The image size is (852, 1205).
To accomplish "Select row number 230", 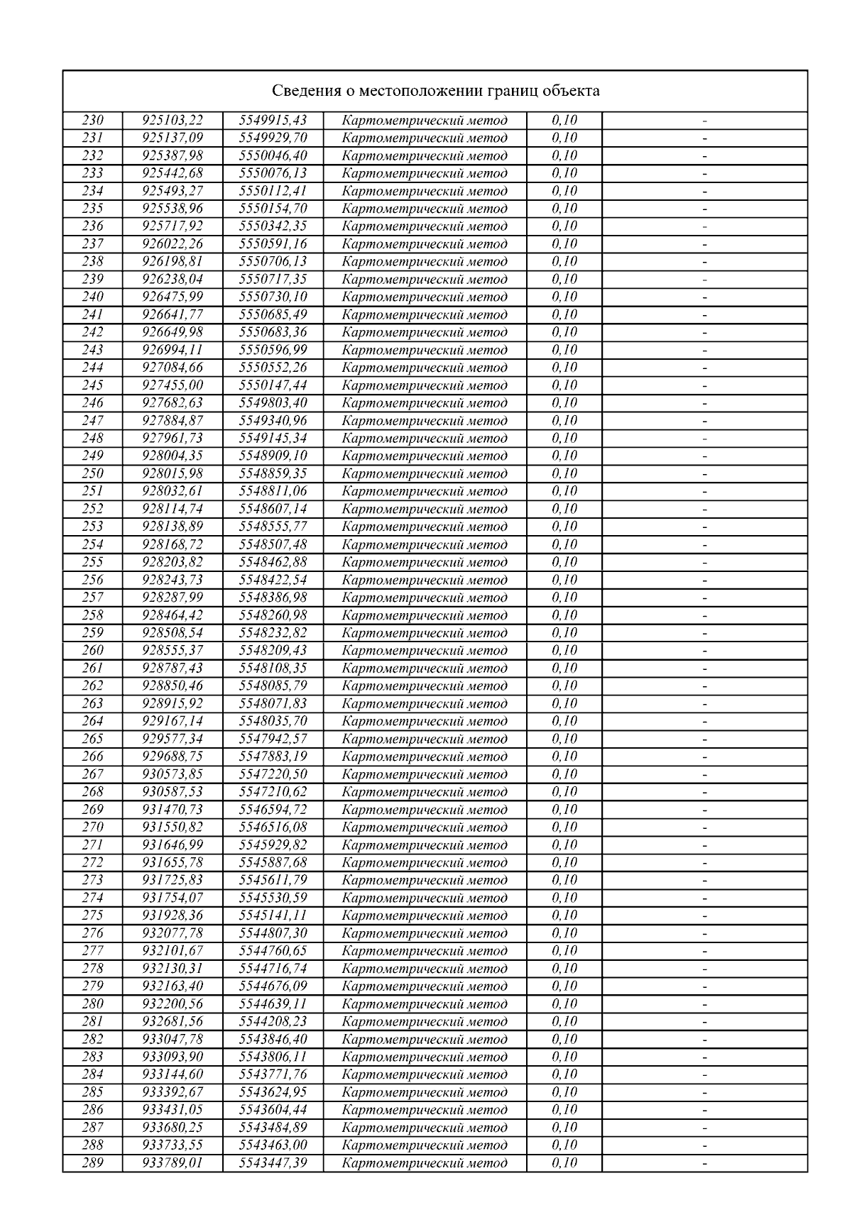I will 92,120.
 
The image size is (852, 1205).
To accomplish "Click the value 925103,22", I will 173,120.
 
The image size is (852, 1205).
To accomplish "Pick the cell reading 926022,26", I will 173,243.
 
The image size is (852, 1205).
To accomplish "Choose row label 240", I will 92,297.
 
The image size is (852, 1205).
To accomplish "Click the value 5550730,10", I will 273,297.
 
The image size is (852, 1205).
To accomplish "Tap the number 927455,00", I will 173,385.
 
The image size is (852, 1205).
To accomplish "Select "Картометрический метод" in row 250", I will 425,473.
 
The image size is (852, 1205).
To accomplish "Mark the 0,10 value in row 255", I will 564,562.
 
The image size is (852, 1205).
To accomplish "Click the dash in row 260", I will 704,651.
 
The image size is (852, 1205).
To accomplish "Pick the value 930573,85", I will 173,774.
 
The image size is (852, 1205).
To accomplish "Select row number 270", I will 92,827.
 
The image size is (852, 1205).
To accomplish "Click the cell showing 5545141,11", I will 273,915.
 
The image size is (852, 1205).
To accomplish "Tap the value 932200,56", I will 173,1003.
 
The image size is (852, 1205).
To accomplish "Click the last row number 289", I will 92,1162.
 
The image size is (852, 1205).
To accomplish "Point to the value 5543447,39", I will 273,1162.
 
